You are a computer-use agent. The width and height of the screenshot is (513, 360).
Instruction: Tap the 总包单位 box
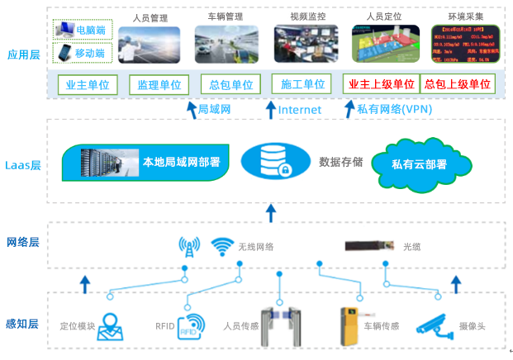coord(227,85)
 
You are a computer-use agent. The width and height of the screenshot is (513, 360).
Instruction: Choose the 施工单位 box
coord(300,85)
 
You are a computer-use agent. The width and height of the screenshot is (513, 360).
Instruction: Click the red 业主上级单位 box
coord(380,85)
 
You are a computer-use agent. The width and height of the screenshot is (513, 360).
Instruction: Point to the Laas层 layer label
coord(23,163)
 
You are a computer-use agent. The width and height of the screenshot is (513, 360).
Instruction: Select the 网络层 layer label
coord(23,243)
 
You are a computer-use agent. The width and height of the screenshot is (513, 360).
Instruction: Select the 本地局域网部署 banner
coord(147,162)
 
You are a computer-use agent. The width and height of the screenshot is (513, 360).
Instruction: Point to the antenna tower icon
coord(189,246)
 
